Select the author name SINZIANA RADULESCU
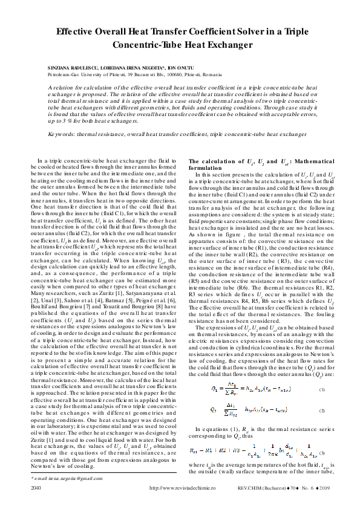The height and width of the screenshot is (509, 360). pos(71,66)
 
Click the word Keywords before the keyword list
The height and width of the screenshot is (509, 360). pos(63,133)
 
